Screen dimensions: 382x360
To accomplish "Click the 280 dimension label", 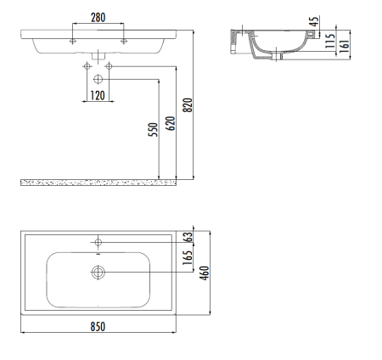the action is pyautogui.click(x=98, y=18).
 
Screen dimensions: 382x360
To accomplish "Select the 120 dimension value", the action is pyautogui.click(x=98, y=96).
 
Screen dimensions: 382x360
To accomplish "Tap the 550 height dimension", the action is pyautogui.click(x=153, y=130).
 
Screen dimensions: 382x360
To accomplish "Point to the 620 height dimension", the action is pyautogui.click(x=171, y=123).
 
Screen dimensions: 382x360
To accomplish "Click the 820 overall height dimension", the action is pyautogui.click(x=188, y=105).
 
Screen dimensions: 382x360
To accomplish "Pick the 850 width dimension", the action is pyautogui.click(x=98, y=327).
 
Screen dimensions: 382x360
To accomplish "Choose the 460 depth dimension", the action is pyautogui.click(x=205, y=273).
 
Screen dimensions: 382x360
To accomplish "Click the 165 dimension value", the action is pyautogui.click(x=188, y=257).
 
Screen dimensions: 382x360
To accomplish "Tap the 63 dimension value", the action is pyautogui.click(x=188, y=237).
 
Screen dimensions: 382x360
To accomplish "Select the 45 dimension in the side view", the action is pyautogui.click(x=314, y=21).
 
